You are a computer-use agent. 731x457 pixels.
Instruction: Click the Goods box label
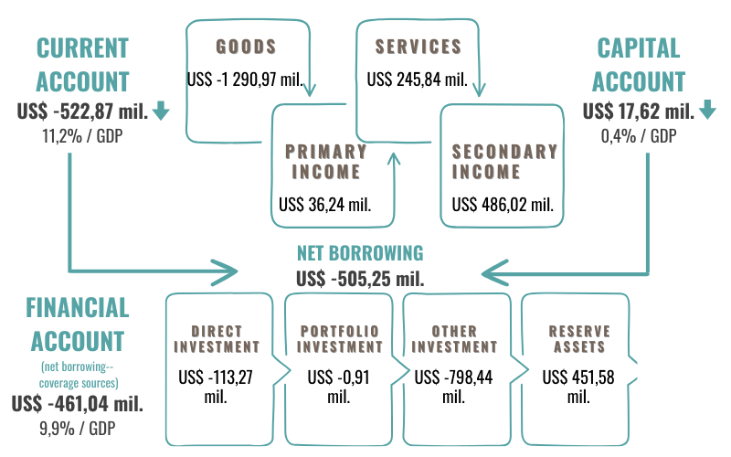(x=246, y=46)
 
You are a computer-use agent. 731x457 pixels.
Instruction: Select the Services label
(x=418, y=46)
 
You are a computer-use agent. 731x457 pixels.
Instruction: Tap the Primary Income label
(x=324, y=161)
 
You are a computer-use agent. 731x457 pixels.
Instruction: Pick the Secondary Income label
(x=503, y=161)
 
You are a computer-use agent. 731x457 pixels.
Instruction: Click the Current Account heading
(x=82, y=64)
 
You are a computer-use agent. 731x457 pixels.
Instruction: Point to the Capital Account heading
(x=639, y=64)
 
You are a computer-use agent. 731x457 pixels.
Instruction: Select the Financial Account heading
(x=78, y=324)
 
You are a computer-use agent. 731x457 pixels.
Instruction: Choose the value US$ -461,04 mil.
(x=78, y=403)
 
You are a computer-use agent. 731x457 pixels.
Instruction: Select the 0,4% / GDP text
(x=638, y=137)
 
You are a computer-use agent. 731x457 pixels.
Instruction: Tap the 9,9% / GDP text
(x=78, y=427)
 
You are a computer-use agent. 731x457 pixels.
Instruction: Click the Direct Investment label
(x=217, y=339)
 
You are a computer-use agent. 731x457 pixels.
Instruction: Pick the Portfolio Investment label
(x=339, y=339)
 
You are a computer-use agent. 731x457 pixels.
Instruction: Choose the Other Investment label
(x=454, y=339)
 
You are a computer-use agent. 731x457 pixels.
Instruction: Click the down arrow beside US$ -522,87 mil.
(x=162, y=112)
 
